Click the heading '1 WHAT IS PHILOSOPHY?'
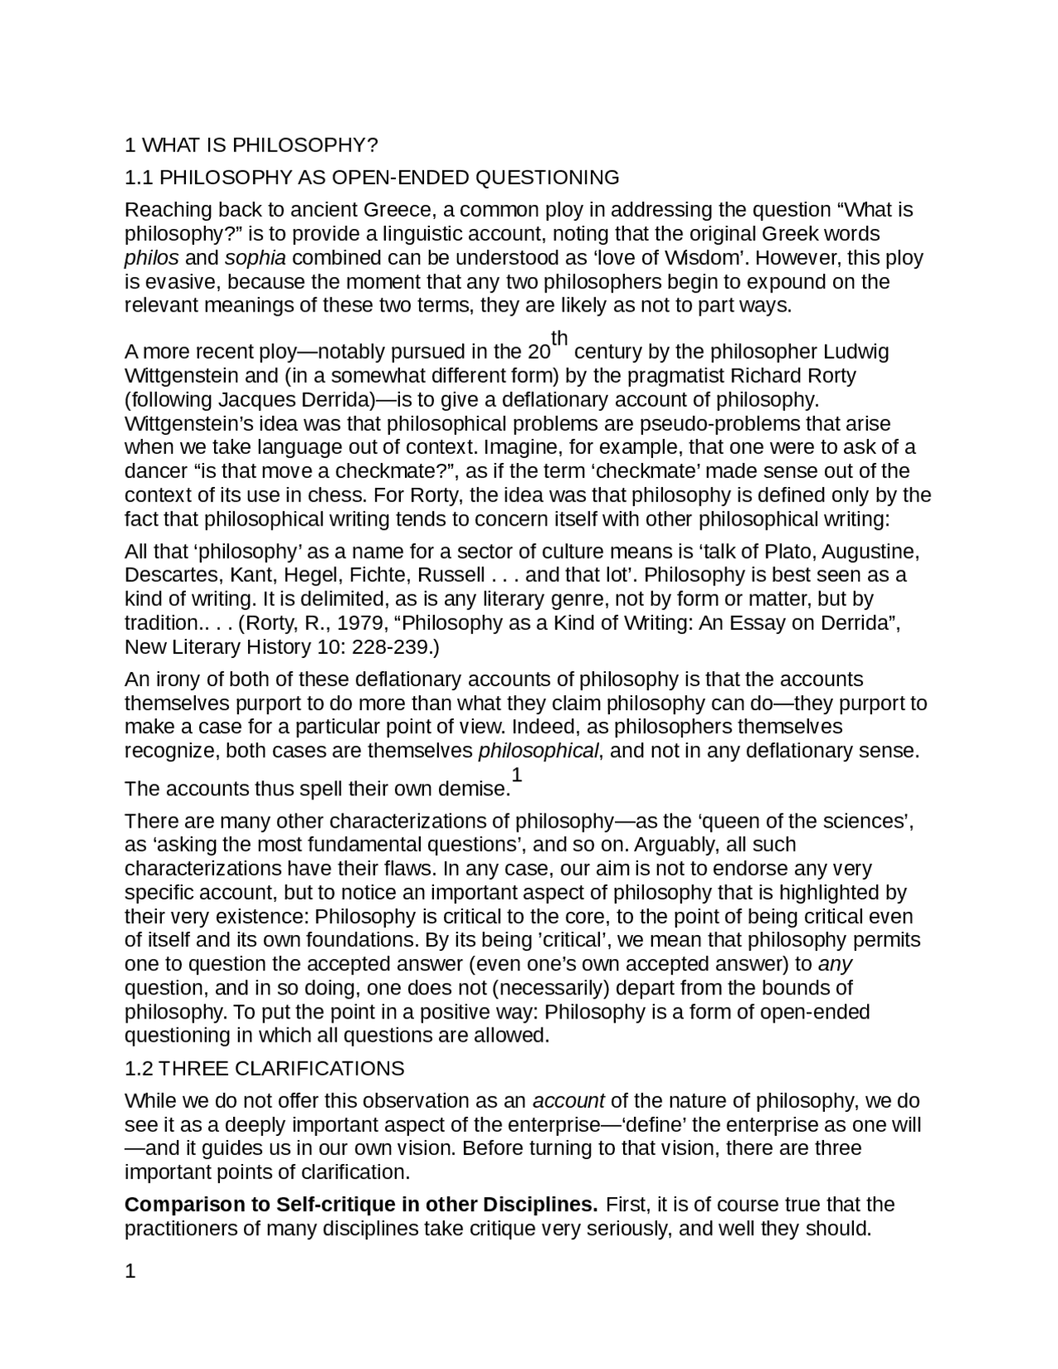point(250,145)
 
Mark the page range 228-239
point(392,647)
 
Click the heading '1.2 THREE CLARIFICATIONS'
point(264,1069)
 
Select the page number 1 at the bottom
point(130,1271)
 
